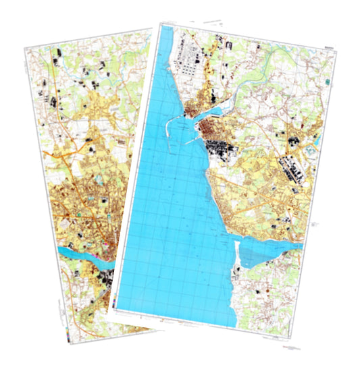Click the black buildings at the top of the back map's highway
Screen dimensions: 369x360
coord(58,51)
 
